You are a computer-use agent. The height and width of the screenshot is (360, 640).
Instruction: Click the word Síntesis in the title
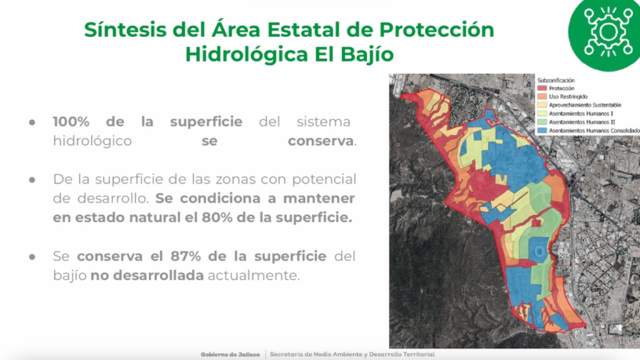(125, 29)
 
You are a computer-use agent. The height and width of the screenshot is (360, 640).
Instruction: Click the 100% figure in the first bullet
(71, 122)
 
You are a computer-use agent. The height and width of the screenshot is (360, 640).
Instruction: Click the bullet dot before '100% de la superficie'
(32, 122)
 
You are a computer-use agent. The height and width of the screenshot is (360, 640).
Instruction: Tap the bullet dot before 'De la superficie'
(32, 179)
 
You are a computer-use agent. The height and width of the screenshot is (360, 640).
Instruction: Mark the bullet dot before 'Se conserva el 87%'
(32, 257)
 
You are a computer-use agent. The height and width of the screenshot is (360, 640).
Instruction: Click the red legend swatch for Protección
(542, 88)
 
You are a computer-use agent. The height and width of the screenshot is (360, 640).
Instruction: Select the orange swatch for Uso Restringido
(542, 97)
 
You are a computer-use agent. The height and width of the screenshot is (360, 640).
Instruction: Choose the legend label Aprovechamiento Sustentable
(585, 105)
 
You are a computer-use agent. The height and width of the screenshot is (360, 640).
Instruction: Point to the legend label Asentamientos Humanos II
(582, 122)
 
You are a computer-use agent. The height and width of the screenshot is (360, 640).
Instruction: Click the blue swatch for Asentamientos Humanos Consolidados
(542, 131)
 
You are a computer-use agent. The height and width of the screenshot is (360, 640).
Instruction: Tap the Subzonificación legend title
(556, 81)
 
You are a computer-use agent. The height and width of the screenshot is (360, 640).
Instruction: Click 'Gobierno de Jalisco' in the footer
(230, 355)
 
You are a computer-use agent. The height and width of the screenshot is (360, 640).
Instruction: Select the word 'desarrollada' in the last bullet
(159, 276)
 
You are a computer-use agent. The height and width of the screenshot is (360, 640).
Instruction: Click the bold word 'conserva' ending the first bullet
(321, 141)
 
